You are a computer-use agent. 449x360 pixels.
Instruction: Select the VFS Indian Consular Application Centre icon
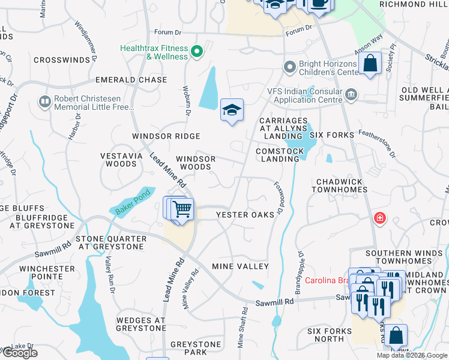tap(352, 94)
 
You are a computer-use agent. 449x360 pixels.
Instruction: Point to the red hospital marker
tap(379, 217)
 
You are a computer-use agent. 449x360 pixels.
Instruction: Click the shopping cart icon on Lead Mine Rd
tap(182, 209)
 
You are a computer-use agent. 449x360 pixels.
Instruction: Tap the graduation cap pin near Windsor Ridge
tap(232, 110)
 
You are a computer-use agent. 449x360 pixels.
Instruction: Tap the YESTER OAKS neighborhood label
tap(245, 215)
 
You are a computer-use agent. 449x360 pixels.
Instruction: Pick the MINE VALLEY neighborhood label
tap(240, 266)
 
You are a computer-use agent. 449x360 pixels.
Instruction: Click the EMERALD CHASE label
tap(131, 80)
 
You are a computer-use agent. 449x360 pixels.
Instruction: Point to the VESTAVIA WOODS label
tap(121, 160)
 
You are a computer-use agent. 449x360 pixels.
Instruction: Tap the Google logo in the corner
tap(20, 353)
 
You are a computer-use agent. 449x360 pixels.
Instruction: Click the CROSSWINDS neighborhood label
tap(62, 60)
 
